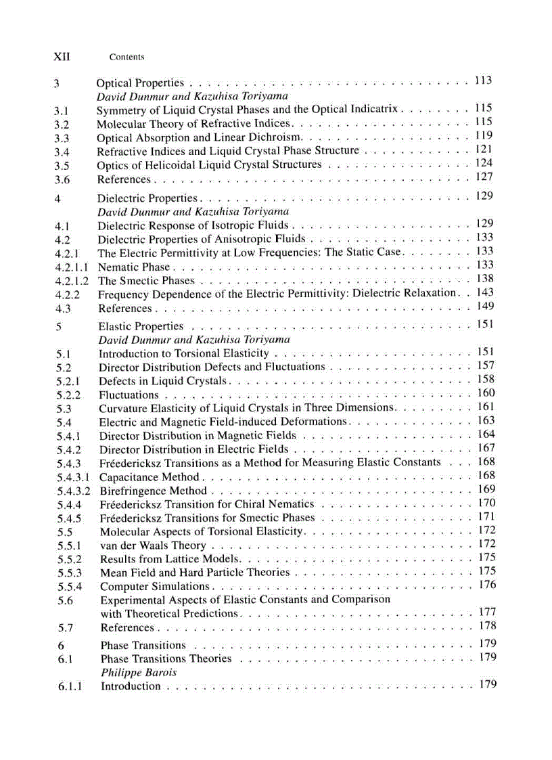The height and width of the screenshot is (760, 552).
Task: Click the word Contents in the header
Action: [x=127, y=58]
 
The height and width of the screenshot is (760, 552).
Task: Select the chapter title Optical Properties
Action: [x=140, y=83]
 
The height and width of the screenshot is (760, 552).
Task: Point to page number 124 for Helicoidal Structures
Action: [x=484, y=163]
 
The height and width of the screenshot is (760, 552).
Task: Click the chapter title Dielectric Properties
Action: [x=147, y=198]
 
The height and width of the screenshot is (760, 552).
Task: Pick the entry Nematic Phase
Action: [x=134, y=267]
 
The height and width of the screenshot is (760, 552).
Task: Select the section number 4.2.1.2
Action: [x=72, y=281]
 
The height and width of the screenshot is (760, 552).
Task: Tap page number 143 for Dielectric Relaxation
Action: [x=484, y=292]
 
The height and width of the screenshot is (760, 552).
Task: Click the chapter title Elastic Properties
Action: [x=141, y=326]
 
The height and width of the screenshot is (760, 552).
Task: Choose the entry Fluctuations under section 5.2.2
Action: [x=129, y=395]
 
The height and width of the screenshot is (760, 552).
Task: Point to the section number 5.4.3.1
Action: [x=74, y=477]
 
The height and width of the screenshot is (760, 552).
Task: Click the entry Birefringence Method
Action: [x=154, y=491]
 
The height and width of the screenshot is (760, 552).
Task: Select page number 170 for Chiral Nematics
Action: [x=486, y=503]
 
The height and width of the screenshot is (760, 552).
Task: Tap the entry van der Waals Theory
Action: [x=153, y=545]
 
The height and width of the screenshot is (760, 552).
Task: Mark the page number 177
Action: [x=487, y=612]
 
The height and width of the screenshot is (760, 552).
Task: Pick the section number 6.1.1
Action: [x=70, y=686]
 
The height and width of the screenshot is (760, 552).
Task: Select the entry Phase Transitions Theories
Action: [x=166, y=658]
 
